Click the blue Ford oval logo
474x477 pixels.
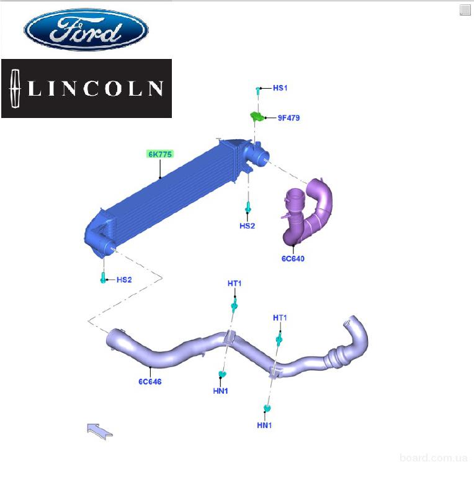click(86, 29)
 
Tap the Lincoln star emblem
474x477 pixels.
click(16, 89)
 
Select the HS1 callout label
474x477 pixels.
click(280, 88)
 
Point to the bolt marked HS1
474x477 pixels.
click(257, 91)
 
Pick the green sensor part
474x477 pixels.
click(255, 116)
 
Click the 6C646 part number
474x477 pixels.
click(150, 382)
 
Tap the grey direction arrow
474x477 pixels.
click(99, 430)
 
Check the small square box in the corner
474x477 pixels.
click(465, 9)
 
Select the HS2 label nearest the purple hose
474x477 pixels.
click(247, 225)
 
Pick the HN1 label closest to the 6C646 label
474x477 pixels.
click(221, 391)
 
